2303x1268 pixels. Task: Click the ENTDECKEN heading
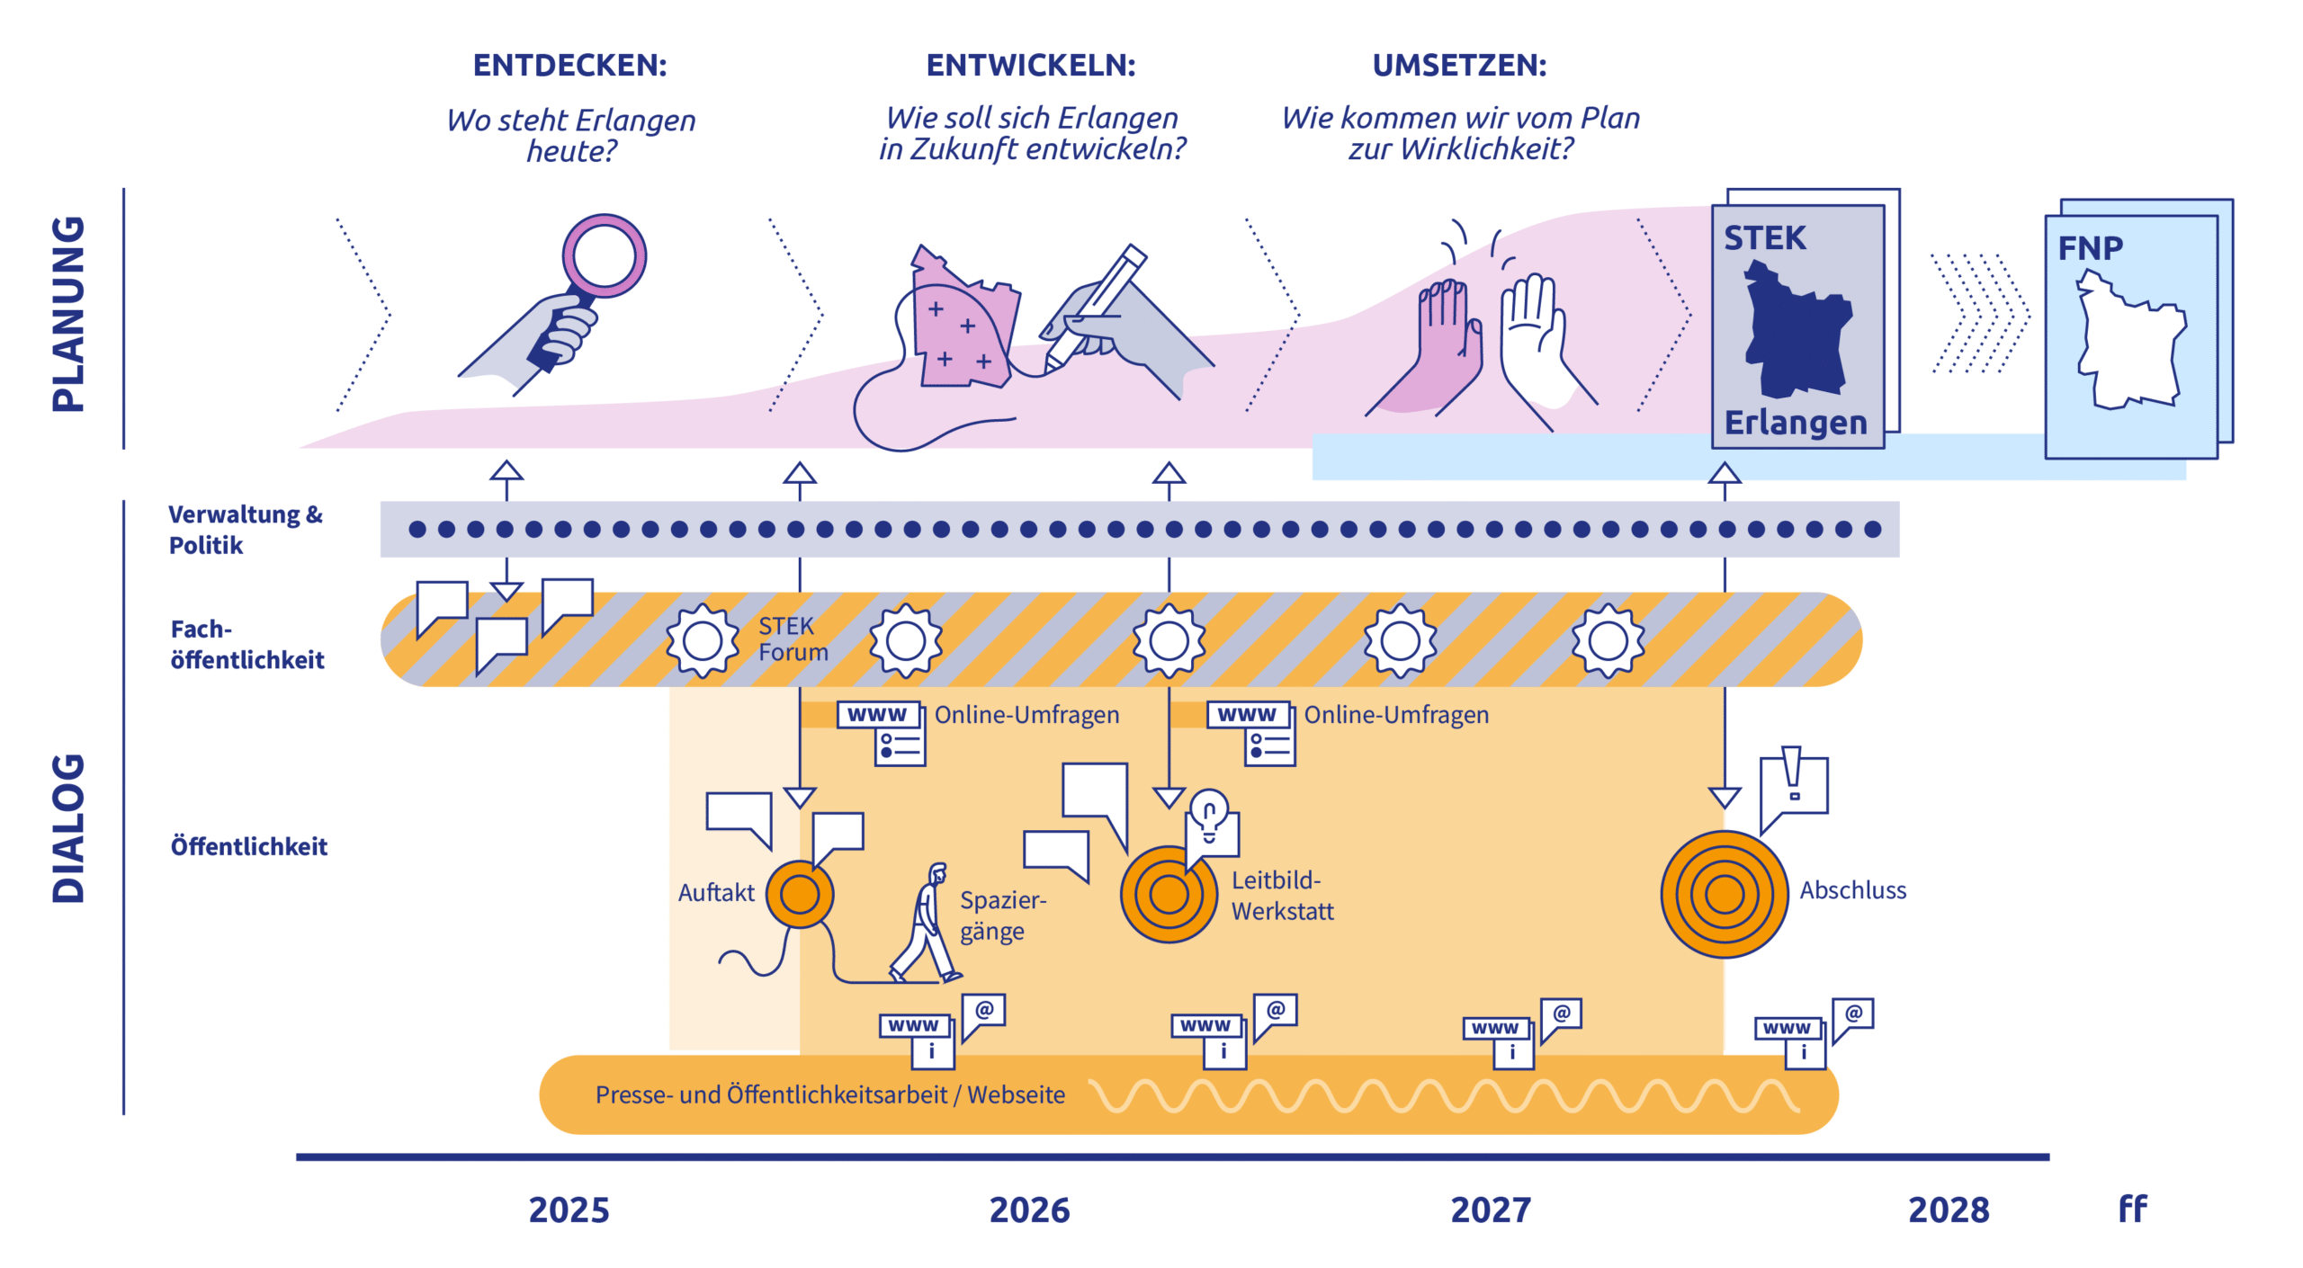(x=569, y=66)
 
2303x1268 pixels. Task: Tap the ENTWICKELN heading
(x=1030, y=66)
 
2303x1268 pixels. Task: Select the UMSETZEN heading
(x=1458, y=66)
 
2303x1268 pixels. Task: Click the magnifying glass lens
(x=604, y=254)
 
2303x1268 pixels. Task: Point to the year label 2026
(x=1029, y=1210)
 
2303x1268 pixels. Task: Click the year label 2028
(x=1948, y=1210)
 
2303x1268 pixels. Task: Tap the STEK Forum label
(x=792, y=638)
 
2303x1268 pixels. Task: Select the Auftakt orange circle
(x=799, y=894)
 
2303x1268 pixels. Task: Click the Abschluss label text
(x=1852, y=890)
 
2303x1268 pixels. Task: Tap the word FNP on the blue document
(x=2090, y=248)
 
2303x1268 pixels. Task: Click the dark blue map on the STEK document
(x=1797, y=333)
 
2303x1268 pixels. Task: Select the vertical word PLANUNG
(x=68, y=314)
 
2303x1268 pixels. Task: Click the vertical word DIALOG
(x=68, y=827)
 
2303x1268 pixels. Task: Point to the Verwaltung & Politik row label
(x=245, y=530)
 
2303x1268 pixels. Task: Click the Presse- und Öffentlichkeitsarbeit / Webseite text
(x=829, y=1094)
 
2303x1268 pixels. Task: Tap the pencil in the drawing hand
(x=1098, y=306)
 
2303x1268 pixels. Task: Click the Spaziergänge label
(x=1002, y=915)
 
